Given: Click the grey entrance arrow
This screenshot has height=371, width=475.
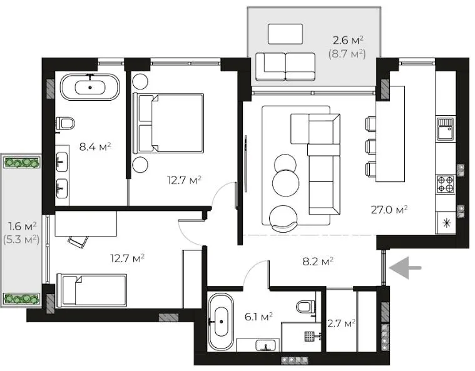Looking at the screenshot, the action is (405, 268).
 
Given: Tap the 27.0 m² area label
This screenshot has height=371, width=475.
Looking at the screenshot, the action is (389, 210).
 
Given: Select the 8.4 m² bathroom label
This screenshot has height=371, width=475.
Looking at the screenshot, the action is (95, 147).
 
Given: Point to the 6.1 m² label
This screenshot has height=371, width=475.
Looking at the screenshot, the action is (258, 317).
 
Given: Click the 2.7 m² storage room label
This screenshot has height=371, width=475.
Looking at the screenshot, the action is (342, 323).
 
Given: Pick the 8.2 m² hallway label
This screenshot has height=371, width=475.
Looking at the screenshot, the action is (318, 261).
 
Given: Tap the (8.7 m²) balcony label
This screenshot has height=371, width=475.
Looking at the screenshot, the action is (347, 54).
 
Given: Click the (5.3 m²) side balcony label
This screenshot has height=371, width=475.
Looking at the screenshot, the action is (21, 240).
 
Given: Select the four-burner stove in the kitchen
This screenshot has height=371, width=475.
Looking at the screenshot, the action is (446, 185).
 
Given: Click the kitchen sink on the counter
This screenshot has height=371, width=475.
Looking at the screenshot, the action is (446, 128).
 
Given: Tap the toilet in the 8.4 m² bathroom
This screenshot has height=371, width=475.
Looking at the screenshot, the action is (66, 124).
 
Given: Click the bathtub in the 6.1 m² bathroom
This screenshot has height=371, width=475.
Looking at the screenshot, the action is (221, 322).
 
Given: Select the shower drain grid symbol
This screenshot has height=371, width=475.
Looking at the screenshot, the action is (310, 336).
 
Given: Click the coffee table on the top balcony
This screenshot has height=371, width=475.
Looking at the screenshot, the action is (285, 34).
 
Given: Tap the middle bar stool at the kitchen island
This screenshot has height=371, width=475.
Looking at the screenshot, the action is (370, 146).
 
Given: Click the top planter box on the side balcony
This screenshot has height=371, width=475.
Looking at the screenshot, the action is (22, 163).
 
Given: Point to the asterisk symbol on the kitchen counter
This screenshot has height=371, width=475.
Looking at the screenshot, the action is (447, 223).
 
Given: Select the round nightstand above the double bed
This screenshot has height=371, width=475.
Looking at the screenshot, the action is (140, 81).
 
